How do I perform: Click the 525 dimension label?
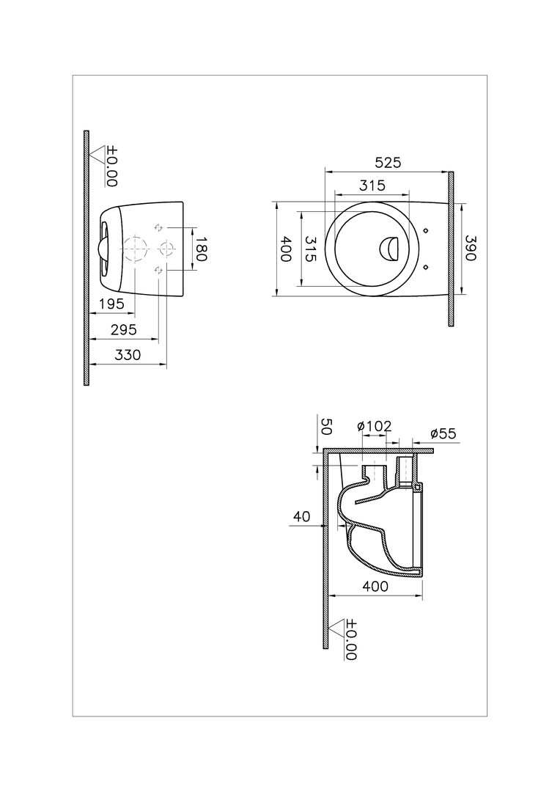[388, 163]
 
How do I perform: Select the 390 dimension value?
[470, 248]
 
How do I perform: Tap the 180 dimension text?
[202, 249]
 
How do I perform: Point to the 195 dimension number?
[111, 304]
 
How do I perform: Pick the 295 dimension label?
[124, 329]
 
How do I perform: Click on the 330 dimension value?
[128, 355]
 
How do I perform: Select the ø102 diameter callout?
[374, 426]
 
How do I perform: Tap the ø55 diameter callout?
[443, 433]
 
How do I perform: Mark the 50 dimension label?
[325, 428]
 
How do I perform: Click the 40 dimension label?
[301, 516]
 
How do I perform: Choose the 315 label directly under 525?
[372, 186]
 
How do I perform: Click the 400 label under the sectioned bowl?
[376, 586]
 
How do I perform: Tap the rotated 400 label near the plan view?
[286, 249]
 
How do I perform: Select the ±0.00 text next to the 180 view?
[111, 166]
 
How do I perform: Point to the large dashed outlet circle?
[134, 249]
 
